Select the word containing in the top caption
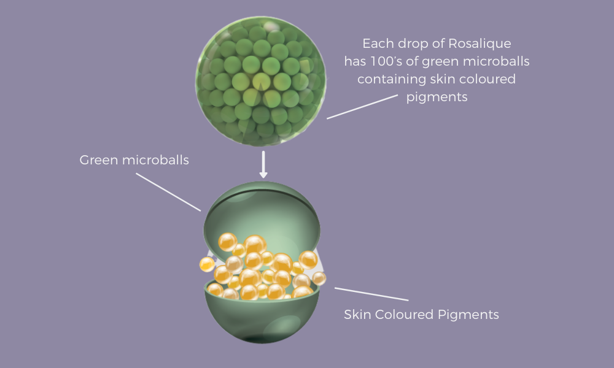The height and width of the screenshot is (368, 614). (x=387, y=80)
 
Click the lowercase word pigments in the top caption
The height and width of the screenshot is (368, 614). (x=437, y=98)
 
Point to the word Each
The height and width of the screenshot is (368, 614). (x=376, y=44)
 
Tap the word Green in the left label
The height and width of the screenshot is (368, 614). (x=97, y=161)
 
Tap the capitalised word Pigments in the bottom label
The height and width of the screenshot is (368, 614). (x=469, y=315)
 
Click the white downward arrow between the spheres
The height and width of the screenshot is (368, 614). (x=263, y=164)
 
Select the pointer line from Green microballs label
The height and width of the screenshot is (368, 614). (x=168, y=192)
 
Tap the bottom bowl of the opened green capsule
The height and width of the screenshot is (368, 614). (x=264, y=322)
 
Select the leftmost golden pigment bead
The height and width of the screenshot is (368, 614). (x=207, y=264)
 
